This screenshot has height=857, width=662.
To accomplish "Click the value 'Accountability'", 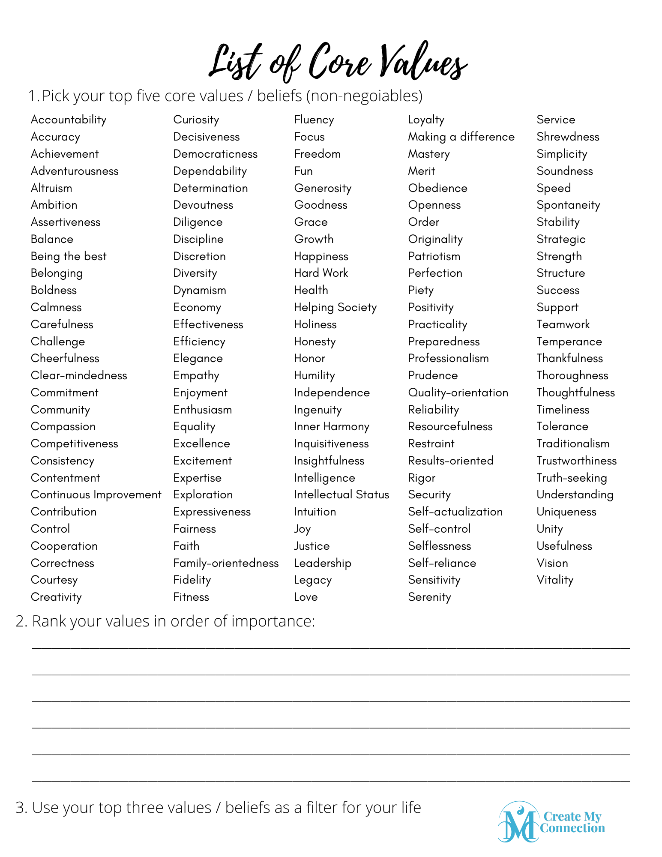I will click(x=69, y=120).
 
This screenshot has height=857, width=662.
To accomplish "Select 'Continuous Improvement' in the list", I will click(x=96, y=494).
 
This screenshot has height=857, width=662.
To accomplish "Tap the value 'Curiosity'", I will click(x=196, y=120).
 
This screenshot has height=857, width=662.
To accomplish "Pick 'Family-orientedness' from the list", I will click(x=226, y=563).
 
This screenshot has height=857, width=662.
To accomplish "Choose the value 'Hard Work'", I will click(x=321, y=273).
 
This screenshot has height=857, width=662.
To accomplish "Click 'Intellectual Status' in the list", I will click(x=341, y=494).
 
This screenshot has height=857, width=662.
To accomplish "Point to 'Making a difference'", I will click(x=461, y=137).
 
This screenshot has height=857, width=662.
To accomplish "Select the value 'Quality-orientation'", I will click(x=458, y=393).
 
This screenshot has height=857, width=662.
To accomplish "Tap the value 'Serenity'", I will click(x=429, y=597).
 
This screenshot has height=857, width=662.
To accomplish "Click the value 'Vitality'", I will click(x=555, y=580).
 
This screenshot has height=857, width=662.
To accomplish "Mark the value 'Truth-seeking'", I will click(x=572, y=478).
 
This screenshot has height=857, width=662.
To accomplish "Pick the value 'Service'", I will click(x=556, y=120).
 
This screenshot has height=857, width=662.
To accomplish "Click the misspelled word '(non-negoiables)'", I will click(x=364, y=96).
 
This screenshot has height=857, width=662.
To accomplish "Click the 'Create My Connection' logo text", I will click(x=572, y=822).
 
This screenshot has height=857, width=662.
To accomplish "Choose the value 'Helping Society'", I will click(x=335, y=307).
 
